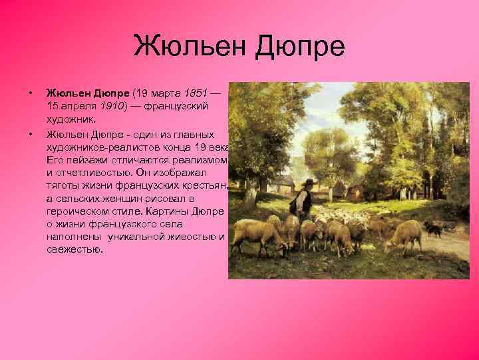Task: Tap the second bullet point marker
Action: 30,133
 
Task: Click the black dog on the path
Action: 435,230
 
